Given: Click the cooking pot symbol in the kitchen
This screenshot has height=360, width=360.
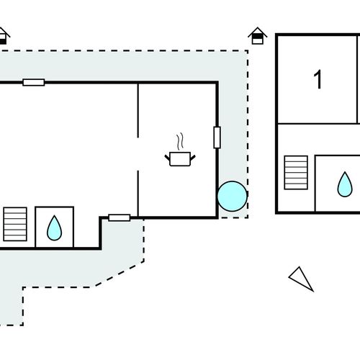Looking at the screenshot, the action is point(180,158).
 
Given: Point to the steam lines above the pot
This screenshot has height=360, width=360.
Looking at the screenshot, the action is point(180,142).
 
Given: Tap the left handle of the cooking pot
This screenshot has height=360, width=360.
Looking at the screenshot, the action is point(167,158).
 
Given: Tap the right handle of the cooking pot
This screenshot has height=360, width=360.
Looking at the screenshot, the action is point(193,158).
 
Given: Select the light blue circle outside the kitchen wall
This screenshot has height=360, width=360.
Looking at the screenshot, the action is point(233,197).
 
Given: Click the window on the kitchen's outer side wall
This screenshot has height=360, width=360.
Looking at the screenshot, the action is point(217,138).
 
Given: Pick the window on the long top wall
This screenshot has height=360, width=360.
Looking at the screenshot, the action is point(34,82).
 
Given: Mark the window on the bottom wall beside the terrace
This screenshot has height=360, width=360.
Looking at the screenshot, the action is point(120,217).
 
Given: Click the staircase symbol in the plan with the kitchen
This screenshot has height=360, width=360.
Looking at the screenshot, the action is point(15,224).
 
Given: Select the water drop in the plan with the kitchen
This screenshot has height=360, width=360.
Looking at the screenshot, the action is point(55,228).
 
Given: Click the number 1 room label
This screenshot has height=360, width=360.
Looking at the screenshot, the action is point(318,79).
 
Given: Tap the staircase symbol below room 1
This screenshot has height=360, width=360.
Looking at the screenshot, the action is point(296,173).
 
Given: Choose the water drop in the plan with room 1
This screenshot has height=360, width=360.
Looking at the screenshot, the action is point(345,184).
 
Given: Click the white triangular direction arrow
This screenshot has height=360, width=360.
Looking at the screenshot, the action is point(301,279).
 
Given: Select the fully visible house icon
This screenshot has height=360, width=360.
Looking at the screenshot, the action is point(258,36).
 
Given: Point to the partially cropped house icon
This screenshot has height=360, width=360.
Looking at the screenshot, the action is point(4,36).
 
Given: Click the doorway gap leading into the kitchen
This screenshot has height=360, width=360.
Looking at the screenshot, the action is point(138,154).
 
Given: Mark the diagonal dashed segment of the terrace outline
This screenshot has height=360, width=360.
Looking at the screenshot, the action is point(120,274).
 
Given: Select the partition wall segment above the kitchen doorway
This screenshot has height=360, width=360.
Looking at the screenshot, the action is point(138,111).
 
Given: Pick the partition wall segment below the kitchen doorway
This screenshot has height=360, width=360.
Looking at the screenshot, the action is point(138,194).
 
